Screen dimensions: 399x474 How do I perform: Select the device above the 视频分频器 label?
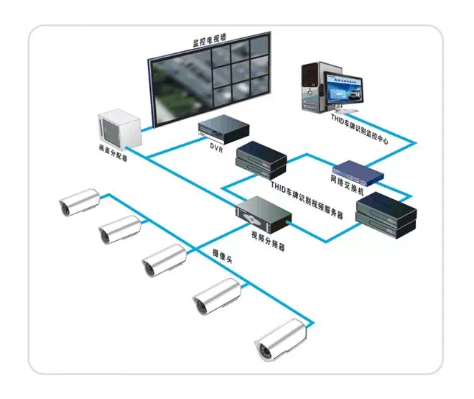[265, 213]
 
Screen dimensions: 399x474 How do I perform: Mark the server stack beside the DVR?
[261, 158]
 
